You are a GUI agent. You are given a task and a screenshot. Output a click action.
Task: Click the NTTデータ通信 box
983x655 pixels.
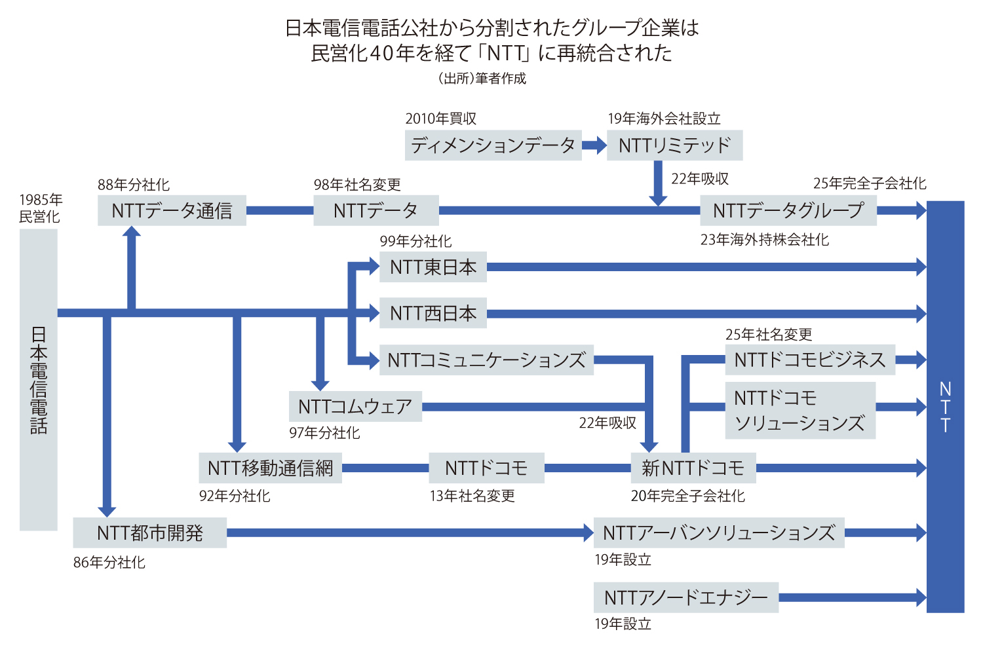coord(172,210)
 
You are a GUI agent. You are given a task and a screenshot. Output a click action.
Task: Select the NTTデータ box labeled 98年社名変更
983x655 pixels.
coord(376,210)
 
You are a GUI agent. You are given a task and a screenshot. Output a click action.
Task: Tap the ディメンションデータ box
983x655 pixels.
coord(493,145)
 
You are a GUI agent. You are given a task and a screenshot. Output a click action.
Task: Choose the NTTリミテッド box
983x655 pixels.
coord(674,145)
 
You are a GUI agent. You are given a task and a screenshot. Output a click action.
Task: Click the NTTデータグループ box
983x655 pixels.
coord(788,210)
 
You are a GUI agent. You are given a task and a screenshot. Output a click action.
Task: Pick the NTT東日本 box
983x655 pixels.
coord(433,267)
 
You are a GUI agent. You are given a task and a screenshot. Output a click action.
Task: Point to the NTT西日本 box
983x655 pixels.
coord(433,313)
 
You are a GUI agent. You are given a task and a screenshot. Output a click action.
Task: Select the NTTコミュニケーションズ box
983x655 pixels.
coord(486,360)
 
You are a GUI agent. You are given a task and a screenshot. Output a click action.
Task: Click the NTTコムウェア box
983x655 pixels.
coord(355,406)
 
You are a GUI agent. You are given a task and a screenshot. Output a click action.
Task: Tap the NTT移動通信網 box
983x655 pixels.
coord(270,468)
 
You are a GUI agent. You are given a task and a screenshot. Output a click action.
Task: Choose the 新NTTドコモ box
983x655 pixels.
coord(693,468)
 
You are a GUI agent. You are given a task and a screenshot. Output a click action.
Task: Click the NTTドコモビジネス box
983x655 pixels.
coord(809,360)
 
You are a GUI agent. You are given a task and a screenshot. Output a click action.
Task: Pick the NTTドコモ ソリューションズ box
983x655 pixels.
coord(800,410)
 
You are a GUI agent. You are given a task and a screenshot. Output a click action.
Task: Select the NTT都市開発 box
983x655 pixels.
coord(149,533)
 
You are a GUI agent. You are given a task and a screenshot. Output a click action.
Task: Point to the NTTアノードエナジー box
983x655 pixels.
coord(685,597)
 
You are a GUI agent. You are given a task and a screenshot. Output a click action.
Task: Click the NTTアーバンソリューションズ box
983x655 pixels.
coord(719,533)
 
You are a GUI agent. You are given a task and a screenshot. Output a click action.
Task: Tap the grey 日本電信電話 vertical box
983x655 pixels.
coord(39,380)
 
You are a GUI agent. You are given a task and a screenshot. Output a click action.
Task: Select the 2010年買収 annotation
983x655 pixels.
coord(440,119)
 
